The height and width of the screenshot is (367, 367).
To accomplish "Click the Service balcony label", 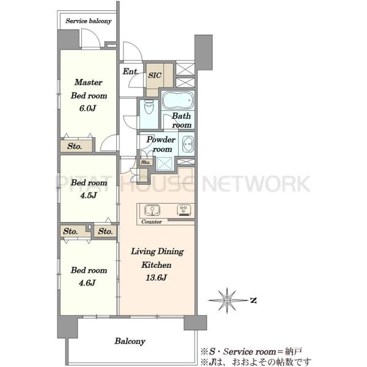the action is [89, 21].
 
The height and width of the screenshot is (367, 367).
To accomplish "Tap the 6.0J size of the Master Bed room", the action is [87, 108].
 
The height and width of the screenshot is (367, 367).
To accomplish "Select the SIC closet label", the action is [155, 75].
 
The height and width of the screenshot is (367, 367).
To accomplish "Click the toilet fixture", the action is [149, 107].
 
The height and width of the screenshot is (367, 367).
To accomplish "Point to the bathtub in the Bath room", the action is [178, 100].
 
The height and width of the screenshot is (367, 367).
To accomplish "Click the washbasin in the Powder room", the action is [188, 144].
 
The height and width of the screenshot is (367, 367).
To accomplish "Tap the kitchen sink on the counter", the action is [152, 210].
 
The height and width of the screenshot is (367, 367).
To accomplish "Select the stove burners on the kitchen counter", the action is [184, 210].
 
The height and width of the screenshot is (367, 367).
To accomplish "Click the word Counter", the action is [152, 221].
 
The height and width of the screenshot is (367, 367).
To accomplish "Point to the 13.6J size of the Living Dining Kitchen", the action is [156, 278].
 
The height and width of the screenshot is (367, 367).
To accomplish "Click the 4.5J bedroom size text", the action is [88, 195].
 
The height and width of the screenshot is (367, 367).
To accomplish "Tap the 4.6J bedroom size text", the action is [87, 283].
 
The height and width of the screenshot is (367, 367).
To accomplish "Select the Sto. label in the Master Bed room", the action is [75, 146].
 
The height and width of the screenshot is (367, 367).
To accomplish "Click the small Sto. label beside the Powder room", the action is [146, 162].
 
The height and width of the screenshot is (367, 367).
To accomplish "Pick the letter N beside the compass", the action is [253, 300].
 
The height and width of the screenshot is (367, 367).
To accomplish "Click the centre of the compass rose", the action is [227, 300].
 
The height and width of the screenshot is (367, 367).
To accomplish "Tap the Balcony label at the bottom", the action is [130, 341].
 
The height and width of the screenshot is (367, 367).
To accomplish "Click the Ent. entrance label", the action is [130, 72].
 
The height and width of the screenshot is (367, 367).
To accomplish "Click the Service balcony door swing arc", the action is [94, 33].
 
